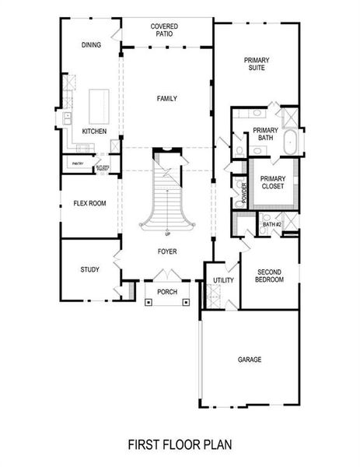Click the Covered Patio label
pos(164,30)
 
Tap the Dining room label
pos(91,45)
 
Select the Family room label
pos(167,99)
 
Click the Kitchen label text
pos(94,132)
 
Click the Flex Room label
pos(89,204)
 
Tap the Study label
pos(89,270)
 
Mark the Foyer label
pos(167,251)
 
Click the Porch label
pos(167,292)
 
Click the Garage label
pos(250,360)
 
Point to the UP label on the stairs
pos(167,233)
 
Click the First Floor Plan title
pos(180,444)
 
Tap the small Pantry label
pos(78,163)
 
